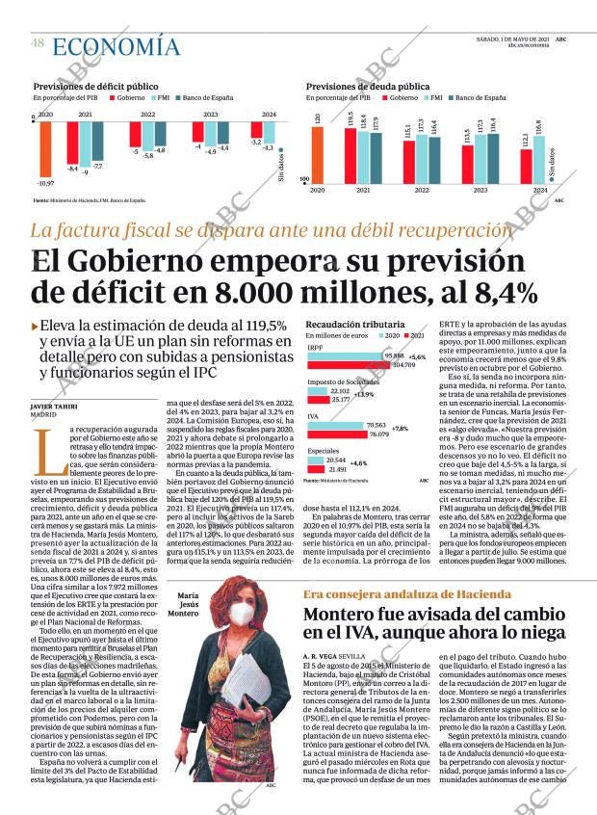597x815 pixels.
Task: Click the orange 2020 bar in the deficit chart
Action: (x=45, y=147)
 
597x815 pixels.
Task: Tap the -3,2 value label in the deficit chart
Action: (x=255, y=142)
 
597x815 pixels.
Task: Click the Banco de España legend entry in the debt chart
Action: (x=479, y=97)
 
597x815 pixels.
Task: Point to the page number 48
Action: (x=38, y=43)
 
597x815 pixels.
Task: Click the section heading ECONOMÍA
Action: (x=116, y=46)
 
